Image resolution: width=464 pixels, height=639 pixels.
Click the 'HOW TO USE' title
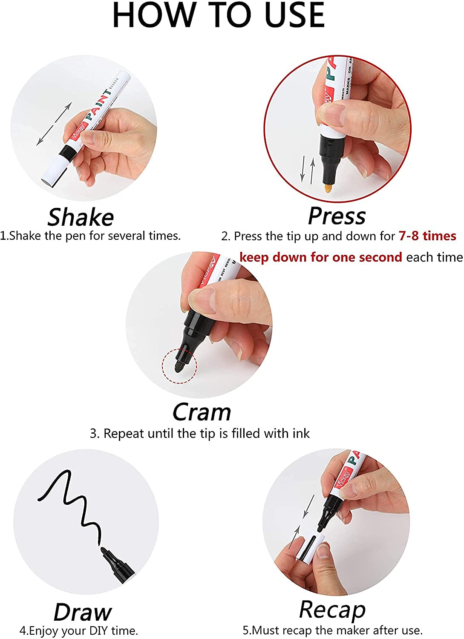click(218, 16)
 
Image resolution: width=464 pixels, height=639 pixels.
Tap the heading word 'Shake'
click(81, 217)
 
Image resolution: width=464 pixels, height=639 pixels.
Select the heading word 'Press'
click(337, 216)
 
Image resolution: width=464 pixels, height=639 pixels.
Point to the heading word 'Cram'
click(202, 412)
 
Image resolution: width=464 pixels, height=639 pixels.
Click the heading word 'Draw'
click(83, 612)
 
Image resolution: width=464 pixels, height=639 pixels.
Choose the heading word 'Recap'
click(332, 610)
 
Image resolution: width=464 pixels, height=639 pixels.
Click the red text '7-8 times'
click(427, 236)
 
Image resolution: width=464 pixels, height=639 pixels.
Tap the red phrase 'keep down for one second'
click(320, 257)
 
